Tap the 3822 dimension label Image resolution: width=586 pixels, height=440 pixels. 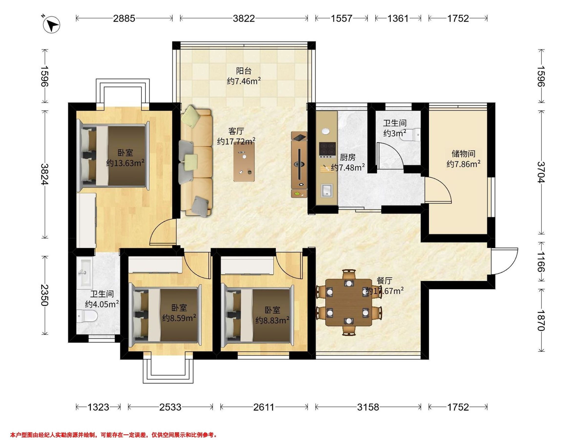(244, 18)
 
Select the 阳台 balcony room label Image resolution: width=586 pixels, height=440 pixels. (244, 71)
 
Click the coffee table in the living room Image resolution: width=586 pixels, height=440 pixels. (244, 162)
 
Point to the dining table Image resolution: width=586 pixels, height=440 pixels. (348, 302)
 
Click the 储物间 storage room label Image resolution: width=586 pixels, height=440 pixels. (463, 154)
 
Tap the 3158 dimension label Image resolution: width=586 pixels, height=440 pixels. (368, 407)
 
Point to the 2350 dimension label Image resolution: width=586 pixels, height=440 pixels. (44, 295)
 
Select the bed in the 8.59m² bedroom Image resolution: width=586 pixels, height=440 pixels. (164, 315)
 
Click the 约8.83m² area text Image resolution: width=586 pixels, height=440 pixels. (272, 320)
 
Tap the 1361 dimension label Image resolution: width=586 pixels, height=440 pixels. (398, 18)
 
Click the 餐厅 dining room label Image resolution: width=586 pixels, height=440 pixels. (384, 281)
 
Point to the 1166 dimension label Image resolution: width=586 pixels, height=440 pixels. (540, 262)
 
